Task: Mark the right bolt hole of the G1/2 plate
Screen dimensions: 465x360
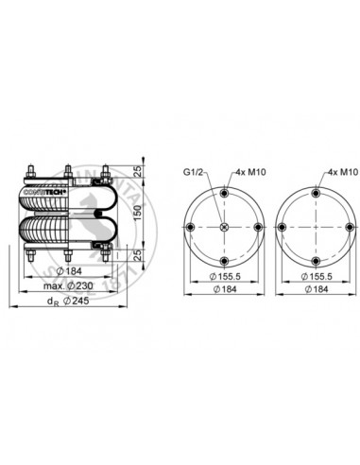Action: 256,228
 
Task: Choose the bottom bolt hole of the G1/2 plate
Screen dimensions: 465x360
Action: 224,260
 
